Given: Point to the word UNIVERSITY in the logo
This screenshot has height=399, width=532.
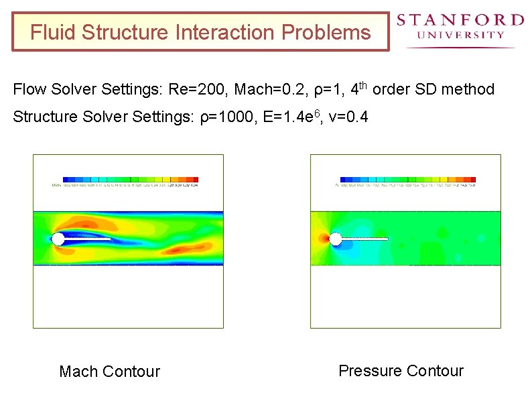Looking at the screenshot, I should [x=460, y=35].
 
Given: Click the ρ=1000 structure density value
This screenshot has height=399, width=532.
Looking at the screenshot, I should [x=228, y=117].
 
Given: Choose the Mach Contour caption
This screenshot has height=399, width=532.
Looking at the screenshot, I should [x=110, y=372].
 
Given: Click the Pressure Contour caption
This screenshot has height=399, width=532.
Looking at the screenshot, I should [x=401, y=371].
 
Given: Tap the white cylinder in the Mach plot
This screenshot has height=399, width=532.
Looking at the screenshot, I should [x=58, y=239].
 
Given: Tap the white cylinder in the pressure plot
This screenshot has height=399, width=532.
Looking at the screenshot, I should [x=336, y=239].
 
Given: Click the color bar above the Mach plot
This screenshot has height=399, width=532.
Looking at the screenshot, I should [x=127, y=180].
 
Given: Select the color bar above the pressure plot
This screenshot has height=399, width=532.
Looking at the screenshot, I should [x=408, y=180].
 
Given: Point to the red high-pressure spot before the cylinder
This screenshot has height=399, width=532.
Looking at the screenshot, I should [x=324, y=238].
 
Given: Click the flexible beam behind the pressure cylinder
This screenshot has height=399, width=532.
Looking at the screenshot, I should [x=365, y=239].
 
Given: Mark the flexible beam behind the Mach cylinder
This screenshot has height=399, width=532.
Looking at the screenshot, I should [x=88, y=239].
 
